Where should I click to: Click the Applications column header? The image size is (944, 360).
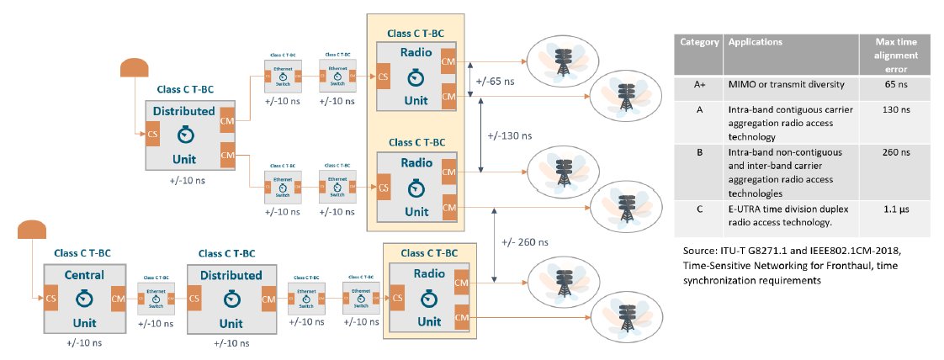tap(755, 41)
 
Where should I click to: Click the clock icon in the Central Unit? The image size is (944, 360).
tap(83, 298)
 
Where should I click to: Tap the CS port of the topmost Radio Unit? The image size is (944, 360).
tap(384, 77)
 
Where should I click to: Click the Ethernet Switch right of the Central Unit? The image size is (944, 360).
tap(156, 298)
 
